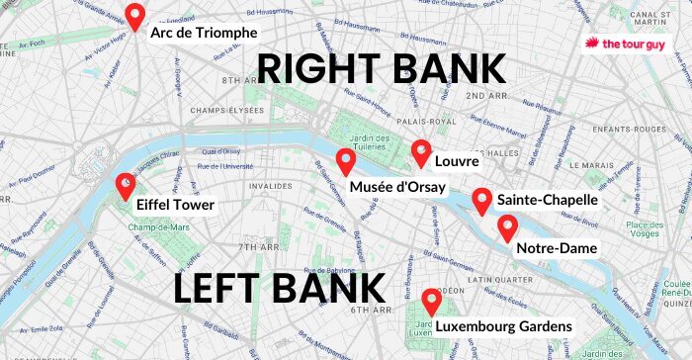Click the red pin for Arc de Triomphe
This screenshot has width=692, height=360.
coord(134,17)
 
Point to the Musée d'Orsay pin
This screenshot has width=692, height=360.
coord(345,161)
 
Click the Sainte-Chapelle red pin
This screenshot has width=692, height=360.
coord(481,201)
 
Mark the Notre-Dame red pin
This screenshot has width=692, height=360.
coord(507,227)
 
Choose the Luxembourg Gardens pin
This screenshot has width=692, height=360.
coord(431,302)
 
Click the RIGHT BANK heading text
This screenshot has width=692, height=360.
coord(382,71)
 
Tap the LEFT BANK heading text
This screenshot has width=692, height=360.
coord(280,289)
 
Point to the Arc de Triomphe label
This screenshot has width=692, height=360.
coord(204,33)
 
